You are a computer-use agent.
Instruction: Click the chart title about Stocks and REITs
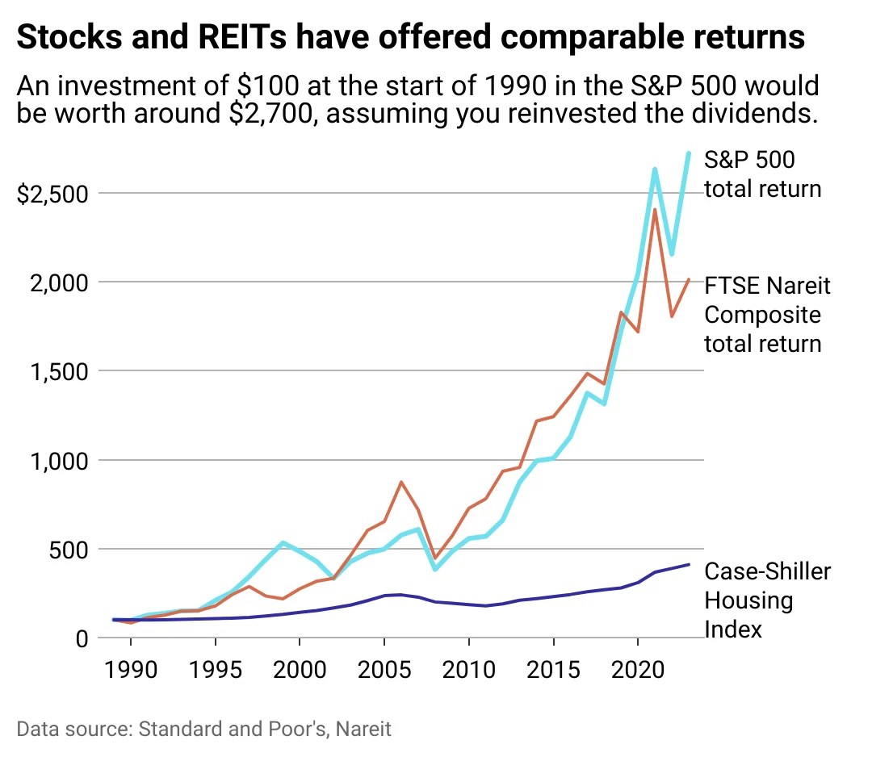coord(411,37)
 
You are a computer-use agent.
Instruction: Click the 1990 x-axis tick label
coord(131,671)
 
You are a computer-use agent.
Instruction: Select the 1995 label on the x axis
coord(215,671)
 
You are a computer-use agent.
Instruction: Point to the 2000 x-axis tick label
coord(300,671)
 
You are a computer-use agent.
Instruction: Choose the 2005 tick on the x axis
coord(384,671)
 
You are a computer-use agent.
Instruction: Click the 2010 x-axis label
coord(468,671)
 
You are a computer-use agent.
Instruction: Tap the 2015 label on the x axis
coord(553,671)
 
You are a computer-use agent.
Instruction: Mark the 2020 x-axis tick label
coord(638,671)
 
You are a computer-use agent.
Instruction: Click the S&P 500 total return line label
coord(762,174)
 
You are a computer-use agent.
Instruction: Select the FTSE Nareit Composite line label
coord(767,315)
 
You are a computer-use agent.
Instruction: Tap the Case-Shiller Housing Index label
coord(767,600)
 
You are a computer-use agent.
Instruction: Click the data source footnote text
coord(203,730)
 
